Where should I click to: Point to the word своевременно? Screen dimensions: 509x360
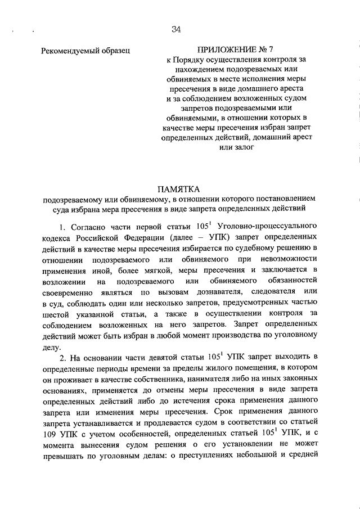pyautogui.click(x=68, y=291)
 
